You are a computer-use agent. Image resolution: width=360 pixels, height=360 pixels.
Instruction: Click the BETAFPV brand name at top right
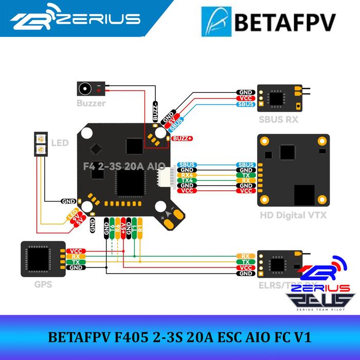click(285, 23)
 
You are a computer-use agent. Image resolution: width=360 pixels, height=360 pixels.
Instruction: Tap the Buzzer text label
click(91, 103)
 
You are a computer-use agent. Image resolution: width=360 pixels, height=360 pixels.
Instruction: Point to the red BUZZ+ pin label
click(183, 138)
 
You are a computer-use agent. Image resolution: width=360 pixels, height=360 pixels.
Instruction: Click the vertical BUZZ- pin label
click(155, 110)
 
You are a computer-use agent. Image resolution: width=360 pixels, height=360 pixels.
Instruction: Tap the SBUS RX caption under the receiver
click(278, 120)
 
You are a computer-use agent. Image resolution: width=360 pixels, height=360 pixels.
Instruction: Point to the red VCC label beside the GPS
click(76, 251)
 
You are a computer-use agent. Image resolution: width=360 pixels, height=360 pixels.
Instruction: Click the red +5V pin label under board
click(123, 229)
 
